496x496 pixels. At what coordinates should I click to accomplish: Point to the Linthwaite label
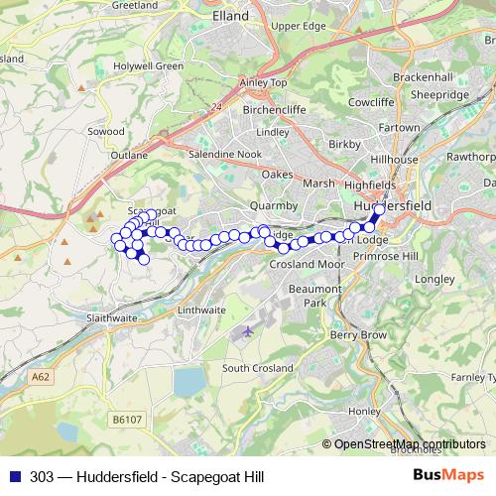[200, 310]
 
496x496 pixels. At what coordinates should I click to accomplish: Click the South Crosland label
[258, 368]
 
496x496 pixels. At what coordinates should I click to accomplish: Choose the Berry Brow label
[357, 336]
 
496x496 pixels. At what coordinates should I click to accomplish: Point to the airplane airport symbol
[247, 332]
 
